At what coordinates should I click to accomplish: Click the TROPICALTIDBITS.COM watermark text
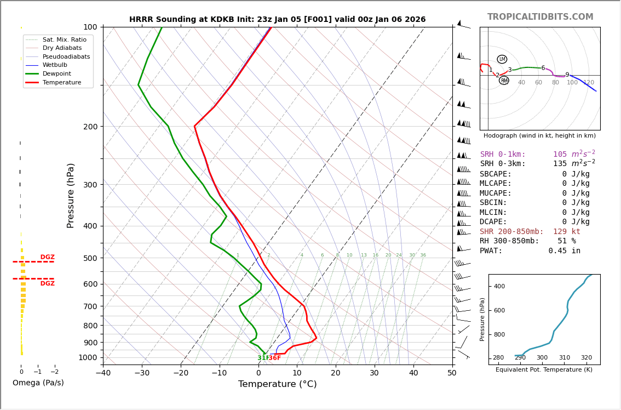pos(540,17)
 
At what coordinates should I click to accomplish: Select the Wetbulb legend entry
pos(59,65)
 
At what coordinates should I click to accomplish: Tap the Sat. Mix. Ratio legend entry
pos(64,39)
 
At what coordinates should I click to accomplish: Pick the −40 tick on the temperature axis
pos(103,373)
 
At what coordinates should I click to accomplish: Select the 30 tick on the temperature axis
pos(374,373)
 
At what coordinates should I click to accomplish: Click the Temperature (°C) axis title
pos(277,384)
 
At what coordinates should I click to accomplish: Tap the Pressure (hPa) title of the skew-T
pos(71,195)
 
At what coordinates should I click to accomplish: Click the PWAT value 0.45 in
pos(564,250)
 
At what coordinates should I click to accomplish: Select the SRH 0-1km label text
pos(502,155)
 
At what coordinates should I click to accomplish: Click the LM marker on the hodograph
pos(502,59)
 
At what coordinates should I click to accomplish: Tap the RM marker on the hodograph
pos(504,81)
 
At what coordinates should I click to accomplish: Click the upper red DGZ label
pos(48,257)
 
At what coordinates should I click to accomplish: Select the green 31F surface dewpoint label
pos(263,358)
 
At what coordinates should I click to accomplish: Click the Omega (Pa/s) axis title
pos(38,383)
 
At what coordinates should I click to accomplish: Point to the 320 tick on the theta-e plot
pos(586,358)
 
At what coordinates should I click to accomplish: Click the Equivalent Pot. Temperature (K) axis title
pos(544,369)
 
